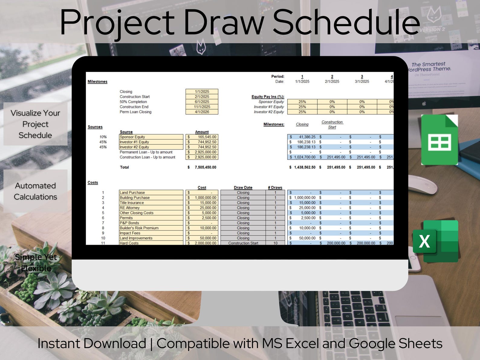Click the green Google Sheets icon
tap(439, 140)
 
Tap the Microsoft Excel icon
tap(436, 241)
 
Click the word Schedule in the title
tap(346, 23)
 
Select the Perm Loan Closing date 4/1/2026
tap(202, 112)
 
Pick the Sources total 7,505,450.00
tap(205, 167)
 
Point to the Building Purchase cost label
tap(135, 198)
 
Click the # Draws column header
tap(275, 188)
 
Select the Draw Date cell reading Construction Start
tap(243, 243)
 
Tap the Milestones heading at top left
tap(97, 82)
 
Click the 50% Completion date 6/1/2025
tap(202, 102)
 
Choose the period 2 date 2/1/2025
tap(332, 82)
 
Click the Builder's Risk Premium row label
tap(139, 228)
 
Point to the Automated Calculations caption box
tap(35, 191)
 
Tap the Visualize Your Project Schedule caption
tap(35, 124)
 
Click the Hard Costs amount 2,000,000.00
tap(205, 243)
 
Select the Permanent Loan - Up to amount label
tap(146, 152)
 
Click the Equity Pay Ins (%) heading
tap(268, 97)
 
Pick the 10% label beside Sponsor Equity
tap(103, 137)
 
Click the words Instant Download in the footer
tap(92, 344)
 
